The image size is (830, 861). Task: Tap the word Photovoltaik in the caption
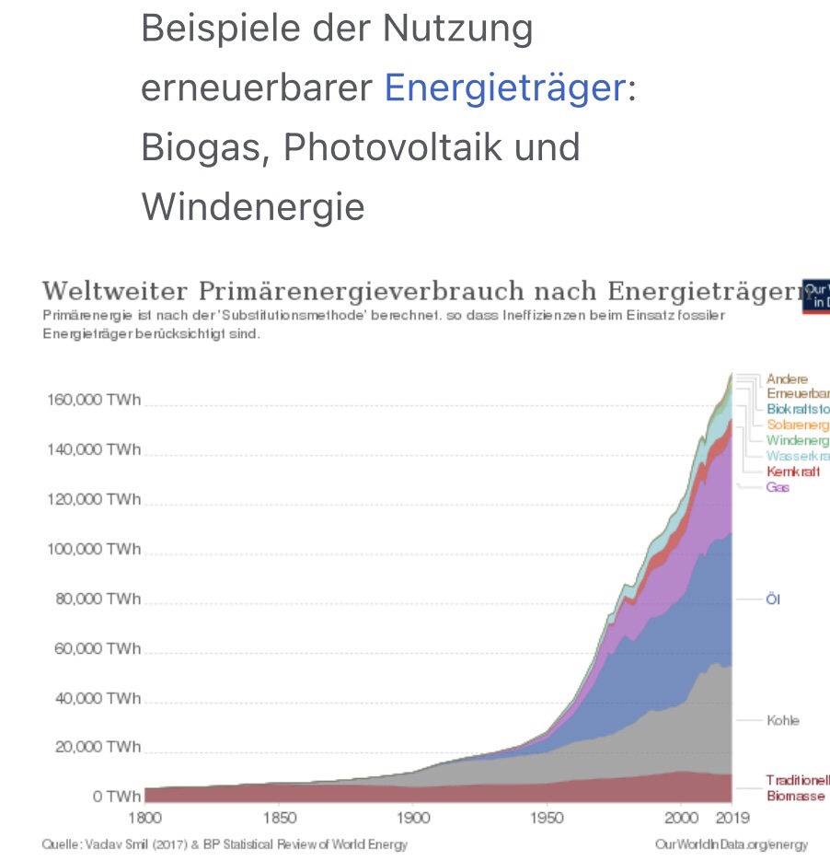pyautogui.click(x=432, y=147)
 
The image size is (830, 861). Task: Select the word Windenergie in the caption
pyautogui.click(x=253, y=206)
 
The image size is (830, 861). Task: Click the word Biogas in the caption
pyautogui.click(x=204, y=147)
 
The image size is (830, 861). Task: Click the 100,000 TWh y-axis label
pyautogui.click(x=92, y=549)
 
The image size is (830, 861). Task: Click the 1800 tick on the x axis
pyautogui.click(x=144, y=818)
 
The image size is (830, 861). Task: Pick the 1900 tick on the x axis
pyautogui.click(x=411, y=818)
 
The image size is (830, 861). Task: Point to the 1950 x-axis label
pyautogui.click(x=548, y=818)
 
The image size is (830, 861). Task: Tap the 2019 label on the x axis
pyautogui.click(x=732, y=818)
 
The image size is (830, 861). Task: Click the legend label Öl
pyautogui.click(x=773, y=599)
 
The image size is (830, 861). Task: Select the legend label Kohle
pyautogui.click(x=783, y=720)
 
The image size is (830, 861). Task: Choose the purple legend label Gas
pyautogui.click(x=778, y=487)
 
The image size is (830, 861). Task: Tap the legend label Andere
pyautogui.click(x=787, y=378)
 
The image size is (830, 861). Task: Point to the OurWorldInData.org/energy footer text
pyautogui.click(x=731, y=844)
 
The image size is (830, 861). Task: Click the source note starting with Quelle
pyautogui.click(x=225, y=844)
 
